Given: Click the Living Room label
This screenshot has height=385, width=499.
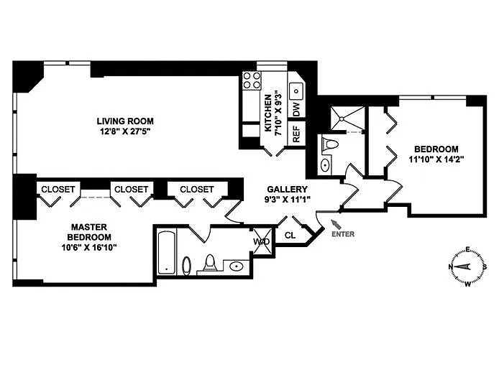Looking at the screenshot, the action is (125, 121).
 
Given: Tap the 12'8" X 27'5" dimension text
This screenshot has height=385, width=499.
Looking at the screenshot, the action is (125, 131).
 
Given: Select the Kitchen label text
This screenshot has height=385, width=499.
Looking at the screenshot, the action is (268, 113).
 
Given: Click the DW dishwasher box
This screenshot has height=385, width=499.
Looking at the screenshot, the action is (296, 109).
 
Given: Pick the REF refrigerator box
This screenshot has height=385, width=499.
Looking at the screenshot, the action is (296, 134).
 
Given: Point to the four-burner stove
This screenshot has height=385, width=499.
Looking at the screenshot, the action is (252, 80).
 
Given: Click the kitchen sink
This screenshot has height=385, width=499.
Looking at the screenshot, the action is (297, 91).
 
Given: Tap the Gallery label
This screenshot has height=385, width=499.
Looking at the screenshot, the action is (287, 190).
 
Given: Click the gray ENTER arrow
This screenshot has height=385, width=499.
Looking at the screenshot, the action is (336, 224).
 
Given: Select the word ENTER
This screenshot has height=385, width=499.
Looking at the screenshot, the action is (343, 234).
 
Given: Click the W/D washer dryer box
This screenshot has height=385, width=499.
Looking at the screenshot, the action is (262, 241).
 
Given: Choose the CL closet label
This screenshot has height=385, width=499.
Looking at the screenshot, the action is (290, 236).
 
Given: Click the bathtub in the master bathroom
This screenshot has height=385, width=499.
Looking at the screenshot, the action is (166, 253).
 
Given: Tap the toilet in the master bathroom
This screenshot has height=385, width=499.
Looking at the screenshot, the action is (210, 263).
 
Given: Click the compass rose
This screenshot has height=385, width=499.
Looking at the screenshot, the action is (467, 266).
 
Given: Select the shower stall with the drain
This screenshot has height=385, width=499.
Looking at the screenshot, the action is (347, 119).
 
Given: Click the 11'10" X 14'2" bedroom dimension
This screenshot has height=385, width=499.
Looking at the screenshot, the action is (436, 159).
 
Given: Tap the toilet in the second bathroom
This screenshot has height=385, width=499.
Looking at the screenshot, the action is (330, 144).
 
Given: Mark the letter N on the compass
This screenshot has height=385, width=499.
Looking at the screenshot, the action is (451, 266).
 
